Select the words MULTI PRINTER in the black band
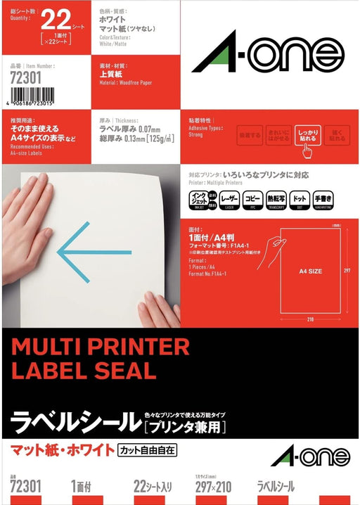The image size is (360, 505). coord(100,347)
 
